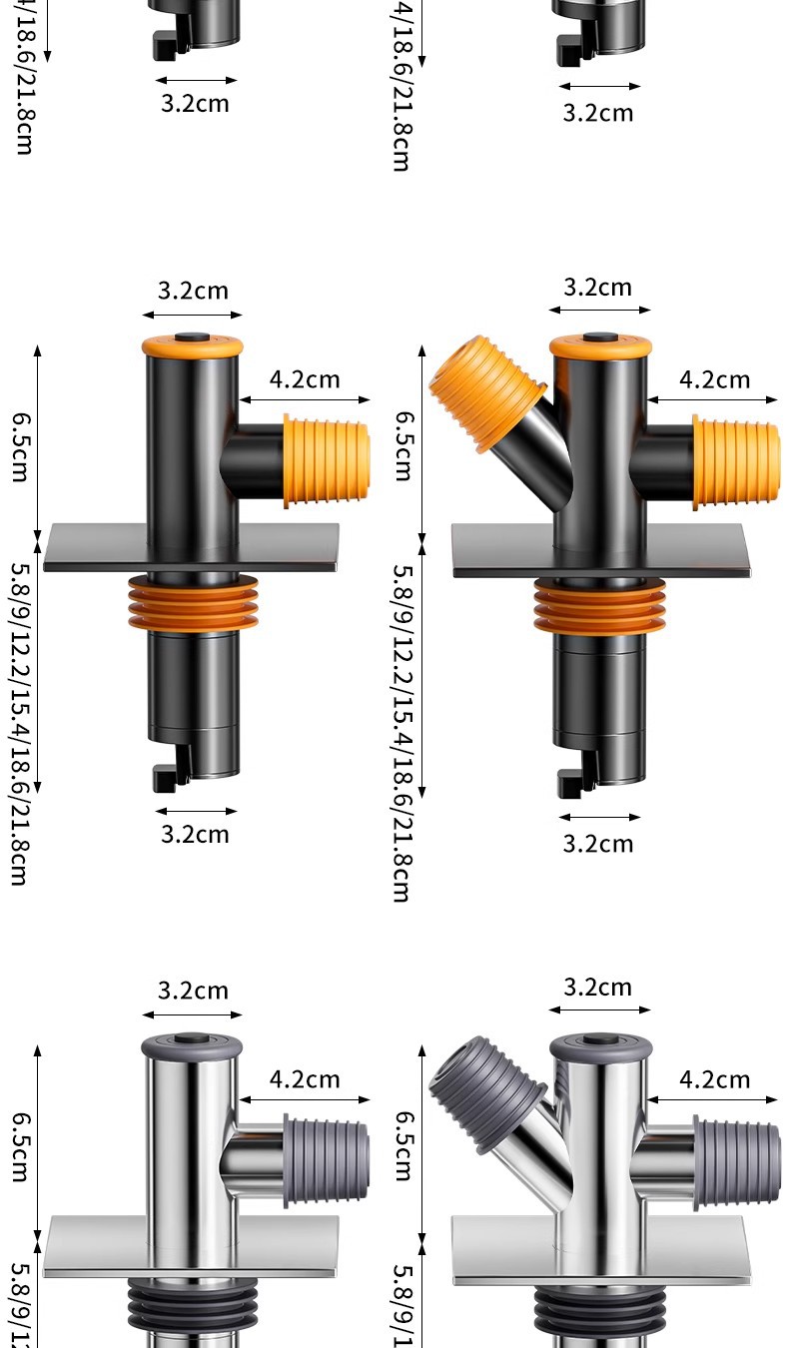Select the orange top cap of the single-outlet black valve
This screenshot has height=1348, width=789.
click(x=192, y=345)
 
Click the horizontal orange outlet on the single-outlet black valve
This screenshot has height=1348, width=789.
click(x=327, y=460)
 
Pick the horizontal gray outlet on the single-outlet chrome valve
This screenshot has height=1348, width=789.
click(x=327, y=1161)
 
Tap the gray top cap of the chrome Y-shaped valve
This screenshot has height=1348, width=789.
click(x=600, y=1046)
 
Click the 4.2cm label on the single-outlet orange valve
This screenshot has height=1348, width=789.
click(x=305, y=379)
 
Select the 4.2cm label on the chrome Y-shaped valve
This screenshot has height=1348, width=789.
click(x=714, y=1079)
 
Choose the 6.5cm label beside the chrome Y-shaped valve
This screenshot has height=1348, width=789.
click(x=401, y=1145)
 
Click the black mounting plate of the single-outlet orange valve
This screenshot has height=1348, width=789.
click(x=191, y=548)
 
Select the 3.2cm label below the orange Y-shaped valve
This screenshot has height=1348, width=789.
click(x=598, y=844)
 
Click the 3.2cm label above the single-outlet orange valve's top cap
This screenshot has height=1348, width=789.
click(x=193, y=291)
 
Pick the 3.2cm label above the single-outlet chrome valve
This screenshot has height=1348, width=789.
click(x=193, y=991)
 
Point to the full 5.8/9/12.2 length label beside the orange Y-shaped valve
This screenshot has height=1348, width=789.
click(x=401, y=733)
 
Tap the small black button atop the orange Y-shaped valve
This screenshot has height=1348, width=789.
click(x=600, y=338)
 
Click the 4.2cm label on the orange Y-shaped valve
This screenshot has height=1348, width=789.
click(x=714, y=379)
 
